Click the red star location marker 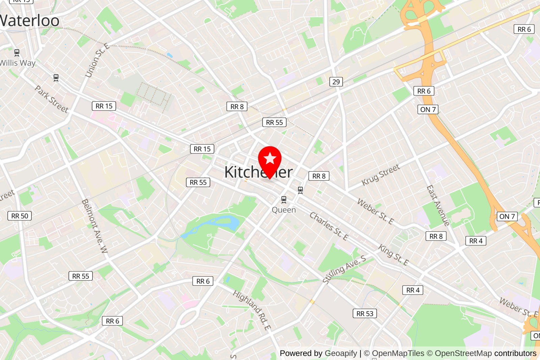pos(270,159)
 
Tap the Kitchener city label pos(258,172)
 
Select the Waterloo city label pos(30,21)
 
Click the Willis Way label pos(18,63)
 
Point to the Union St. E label pos(97,60)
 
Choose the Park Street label pos(52,99)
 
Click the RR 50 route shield pos(20,216)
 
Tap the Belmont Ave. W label pos(94,226)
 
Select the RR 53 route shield pos(364,313)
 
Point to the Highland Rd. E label pos(252,310)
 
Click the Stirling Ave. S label pos(344,269)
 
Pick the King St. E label pos(393,255)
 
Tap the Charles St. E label pos(329,226)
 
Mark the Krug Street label pos(381,175)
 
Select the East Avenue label pos(438,206)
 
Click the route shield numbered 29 pos(336,82)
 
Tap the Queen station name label pos(284,210)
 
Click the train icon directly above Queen pos(284,200)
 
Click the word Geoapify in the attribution pos(341,353)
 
